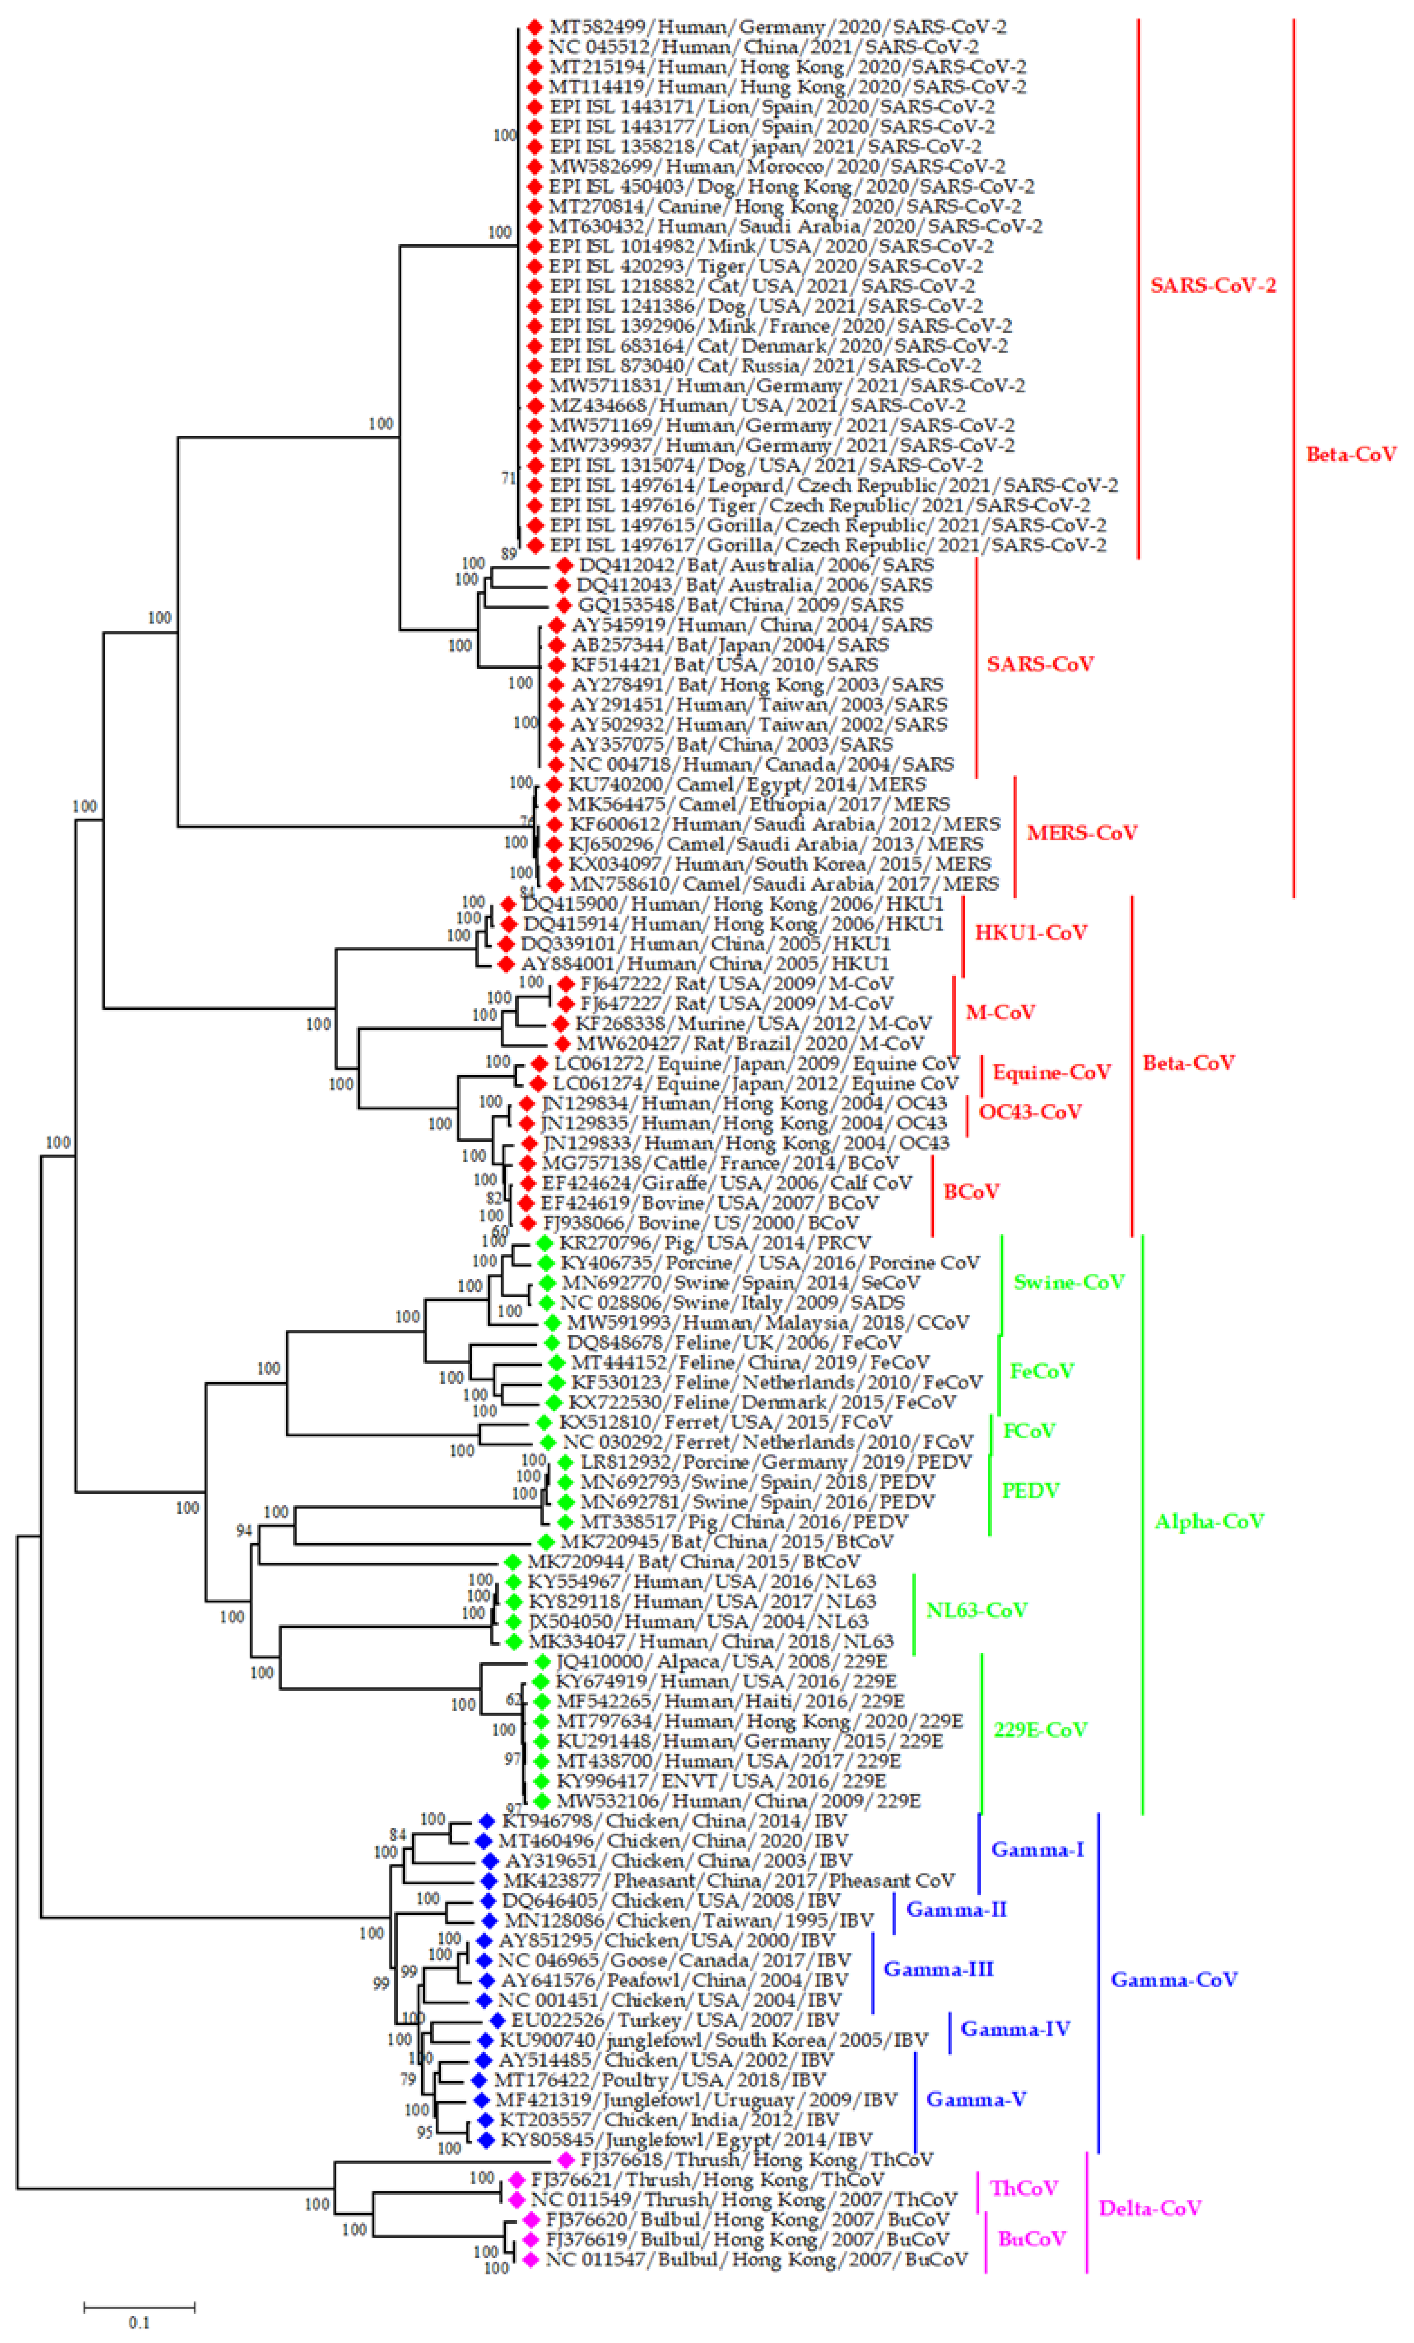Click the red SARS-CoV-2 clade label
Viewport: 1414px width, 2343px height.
(1212, 285)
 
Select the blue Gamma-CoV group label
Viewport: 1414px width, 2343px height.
(1173, 1980)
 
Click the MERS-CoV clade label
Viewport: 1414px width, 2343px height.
(1081, 833)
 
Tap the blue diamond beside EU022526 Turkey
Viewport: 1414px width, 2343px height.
(496, 2020)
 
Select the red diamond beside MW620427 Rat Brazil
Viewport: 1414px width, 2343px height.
(562, 1043)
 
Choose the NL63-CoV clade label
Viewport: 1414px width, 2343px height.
(977, 1610)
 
